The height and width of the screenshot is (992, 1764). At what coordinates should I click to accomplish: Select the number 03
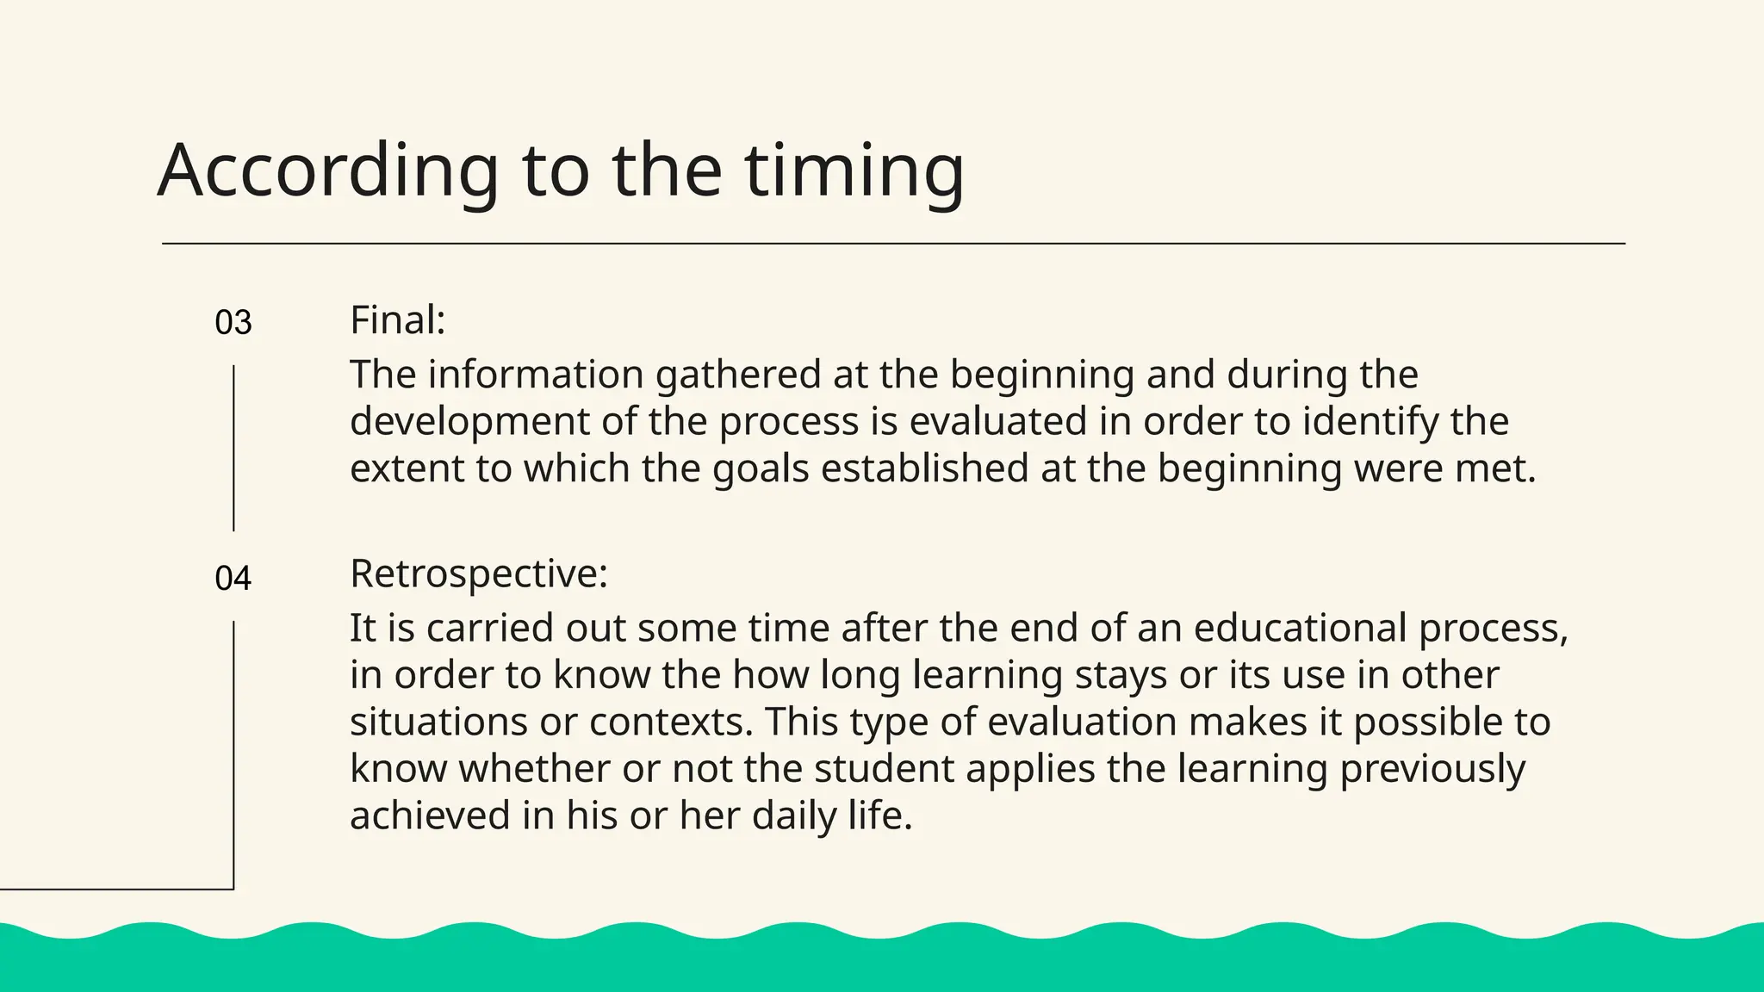click(233, 323)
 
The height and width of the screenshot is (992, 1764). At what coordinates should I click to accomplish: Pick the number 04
click(233, 579)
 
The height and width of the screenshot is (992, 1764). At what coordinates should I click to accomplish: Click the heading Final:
click(397, 320)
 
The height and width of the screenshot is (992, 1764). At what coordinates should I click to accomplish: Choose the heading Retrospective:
click(479, 573)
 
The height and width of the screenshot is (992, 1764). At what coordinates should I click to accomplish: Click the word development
click(469, 422)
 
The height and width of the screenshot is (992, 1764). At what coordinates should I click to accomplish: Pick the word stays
click(1121, 675)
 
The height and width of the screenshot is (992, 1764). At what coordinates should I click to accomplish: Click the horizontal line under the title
click(893, 244)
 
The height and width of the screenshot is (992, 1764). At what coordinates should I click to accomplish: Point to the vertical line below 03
click(233, 448)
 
